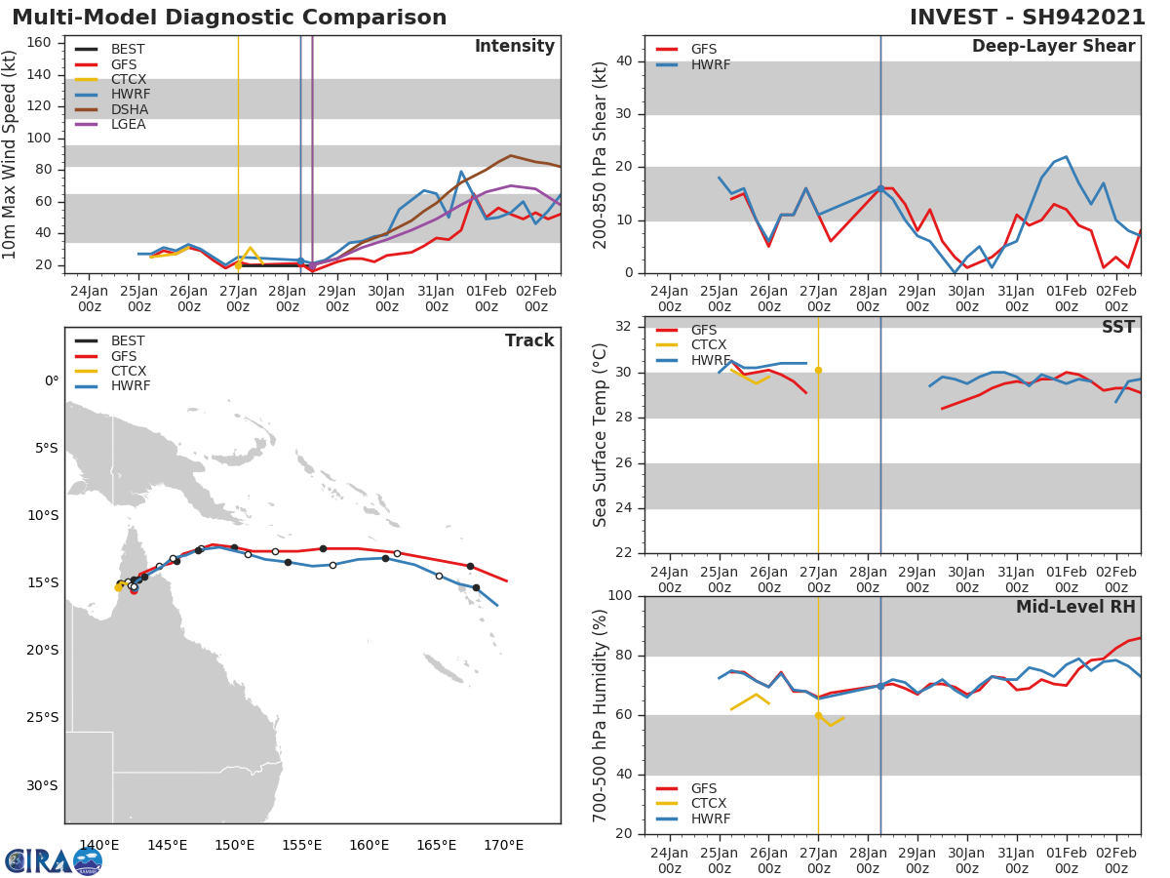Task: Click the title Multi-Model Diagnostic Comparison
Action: [229, 18]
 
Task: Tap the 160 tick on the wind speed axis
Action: [40, 42]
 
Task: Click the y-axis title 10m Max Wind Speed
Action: [11, 156]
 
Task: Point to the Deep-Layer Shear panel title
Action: [1053, 47]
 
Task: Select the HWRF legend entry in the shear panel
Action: [710, 64]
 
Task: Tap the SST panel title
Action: [1117, 327]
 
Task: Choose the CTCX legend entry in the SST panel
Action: [710, 345]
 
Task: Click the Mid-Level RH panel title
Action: [1074, 607]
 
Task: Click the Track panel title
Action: [528, 340]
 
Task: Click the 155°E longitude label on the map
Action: [301, 845]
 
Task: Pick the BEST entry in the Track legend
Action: [128, 341]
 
